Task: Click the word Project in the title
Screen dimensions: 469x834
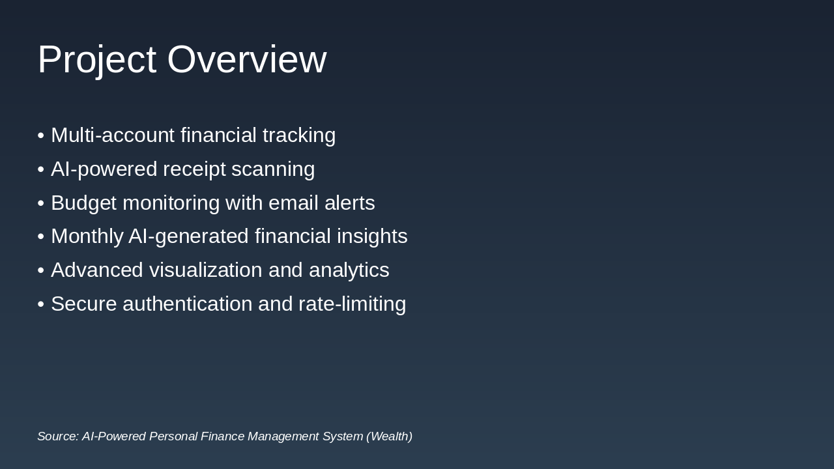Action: pos(96,60)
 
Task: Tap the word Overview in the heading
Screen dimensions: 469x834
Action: pos(246,60)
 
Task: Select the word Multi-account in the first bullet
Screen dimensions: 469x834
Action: pos(113,135)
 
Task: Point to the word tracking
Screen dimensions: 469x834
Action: pos(299,135)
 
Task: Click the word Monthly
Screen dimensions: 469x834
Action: pos(87,236)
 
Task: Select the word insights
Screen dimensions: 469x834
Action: pos(372,236)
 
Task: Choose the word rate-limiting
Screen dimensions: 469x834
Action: pos(352,304)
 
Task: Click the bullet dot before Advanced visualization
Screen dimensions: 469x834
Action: pos(40,270)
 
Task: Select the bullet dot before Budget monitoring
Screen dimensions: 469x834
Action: pos(40,203)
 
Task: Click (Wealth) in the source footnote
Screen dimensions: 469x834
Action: pos(389,436)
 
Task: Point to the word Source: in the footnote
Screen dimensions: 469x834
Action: pos(58,436)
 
